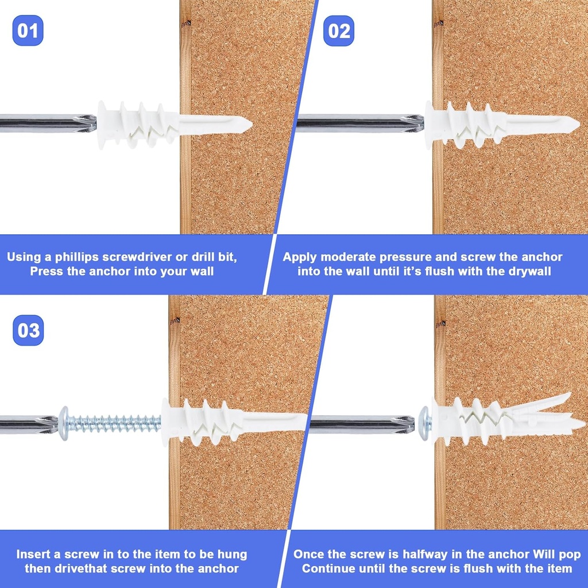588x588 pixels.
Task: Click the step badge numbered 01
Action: pyautogui.click(x=28, y=30)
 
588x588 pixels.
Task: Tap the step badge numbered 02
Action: pyautogui.click(x=339, y=30)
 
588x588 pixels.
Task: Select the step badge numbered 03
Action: pyautogui.click(x=28, y=331)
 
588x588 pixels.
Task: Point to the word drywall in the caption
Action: pyautogui.click(x=531, y=271)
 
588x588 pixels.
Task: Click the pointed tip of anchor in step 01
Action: pyautogui.click(x=248, y=123)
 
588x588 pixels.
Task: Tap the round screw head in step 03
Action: pyautogui.click(x=64, y=423)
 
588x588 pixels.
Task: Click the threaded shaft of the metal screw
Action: pyautogui.click(x=115, y=424)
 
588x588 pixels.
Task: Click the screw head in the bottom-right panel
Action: pyautogui.click(x=425, y=424)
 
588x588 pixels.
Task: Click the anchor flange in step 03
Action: pyautogui.click(x=166, y=422)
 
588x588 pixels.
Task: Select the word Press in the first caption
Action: pyautogui.click(x=46, y=271)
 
